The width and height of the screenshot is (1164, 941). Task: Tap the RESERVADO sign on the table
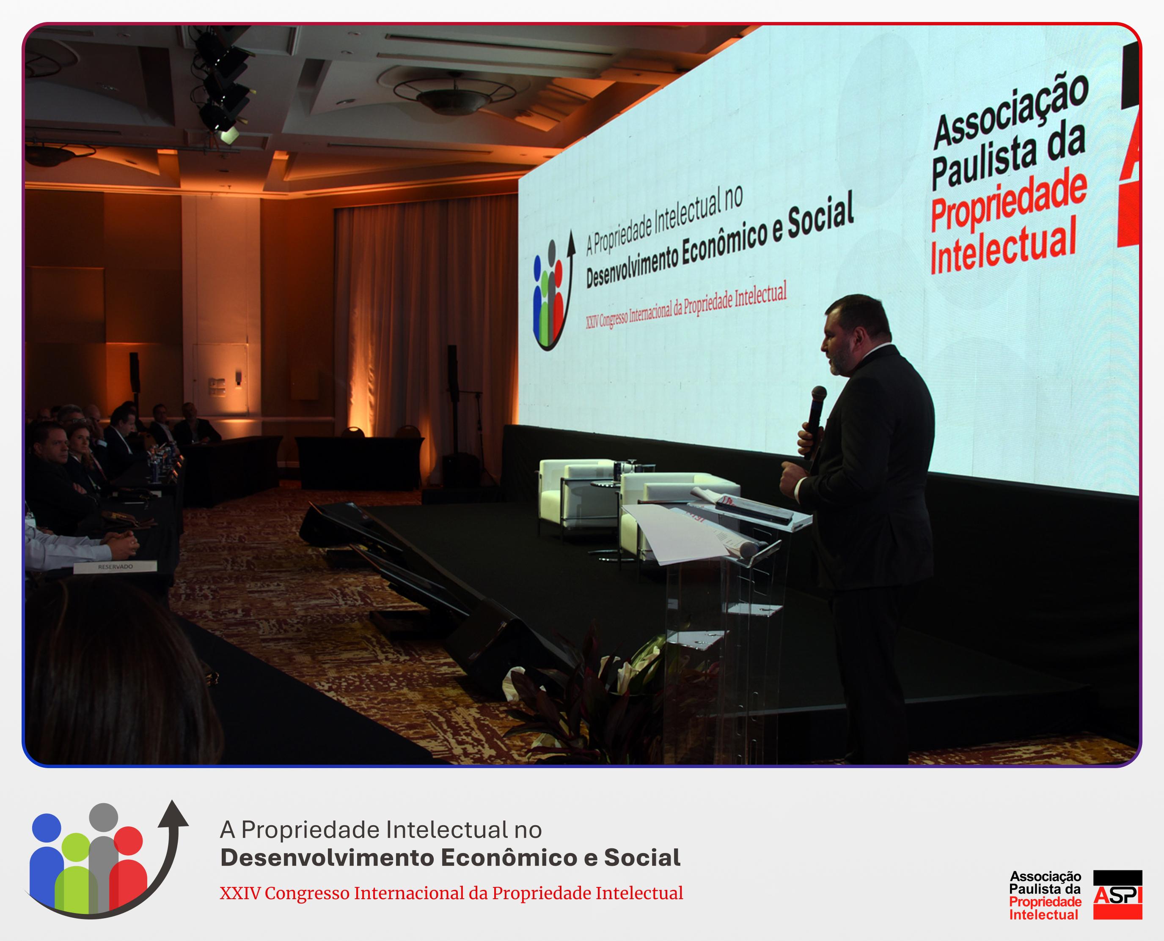(x=115, y=567)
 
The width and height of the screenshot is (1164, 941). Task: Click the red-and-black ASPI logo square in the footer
(x=1117, y=894)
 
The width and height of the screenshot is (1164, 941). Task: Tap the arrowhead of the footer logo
(x=173, y=814)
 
